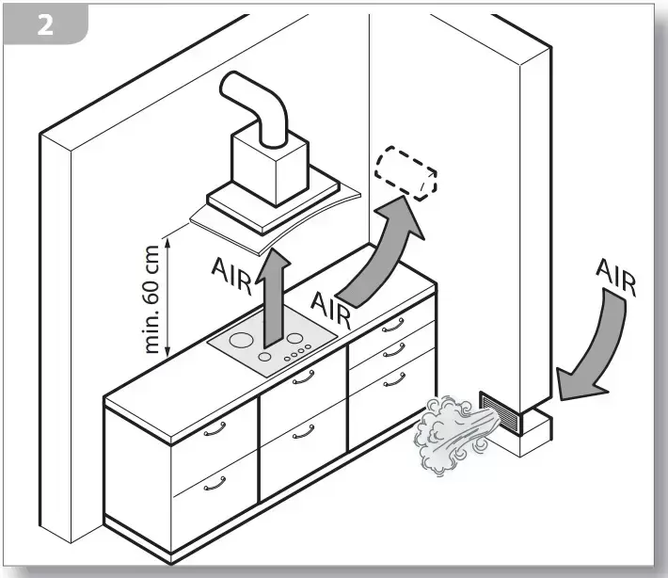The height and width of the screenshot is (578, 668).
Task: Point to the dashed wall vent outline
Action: (x=406, y=173)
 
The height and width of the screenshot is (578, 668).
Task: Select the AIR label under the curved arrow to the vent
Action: (x=329, y=308)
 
